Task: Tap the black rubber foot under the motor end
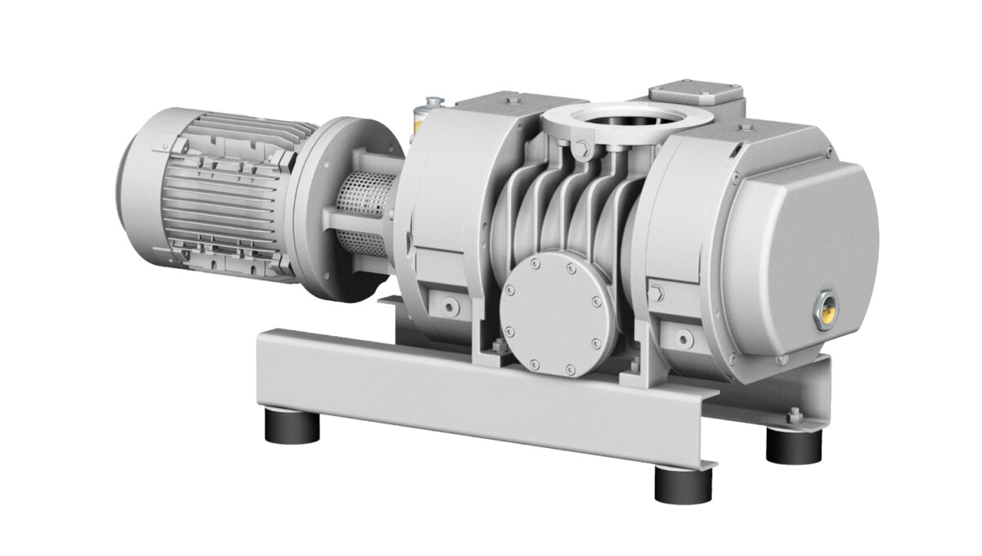[291, 426]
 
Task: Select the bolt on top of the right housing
[744, 128]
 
